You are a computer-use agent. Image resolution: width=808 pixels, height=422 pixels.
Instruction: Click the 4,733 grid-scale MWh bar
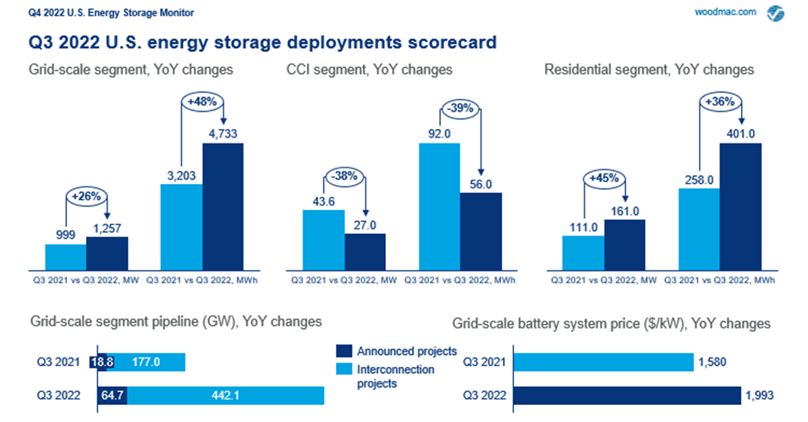pyautogui.click(x=223, y=206)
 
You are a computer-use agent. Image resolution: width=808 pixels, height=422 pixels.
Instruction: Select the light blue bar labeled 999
pyautogui.click(x=65, y=257)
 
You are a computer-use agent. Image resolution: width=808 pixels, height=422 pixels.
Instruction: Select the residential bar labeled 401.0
pyautogui.click(x=741, y=206)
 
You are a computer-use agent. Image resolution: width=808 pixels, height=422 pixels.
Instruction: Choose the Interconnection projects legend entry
pyautogui.click(x=395, y=376)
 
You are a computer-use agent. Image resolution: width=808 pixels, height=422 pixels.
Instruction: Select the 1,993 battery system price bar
pyautogui.click(x=627, y=395)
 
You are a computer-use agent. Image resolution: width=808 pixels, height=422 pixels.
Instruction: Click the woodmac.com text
pyautogui.click(x=725, y=13)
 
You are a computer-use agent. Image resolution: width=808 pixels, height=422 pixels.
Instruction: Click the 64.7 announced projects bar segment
pyautogui.click(x=114, y=395)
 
